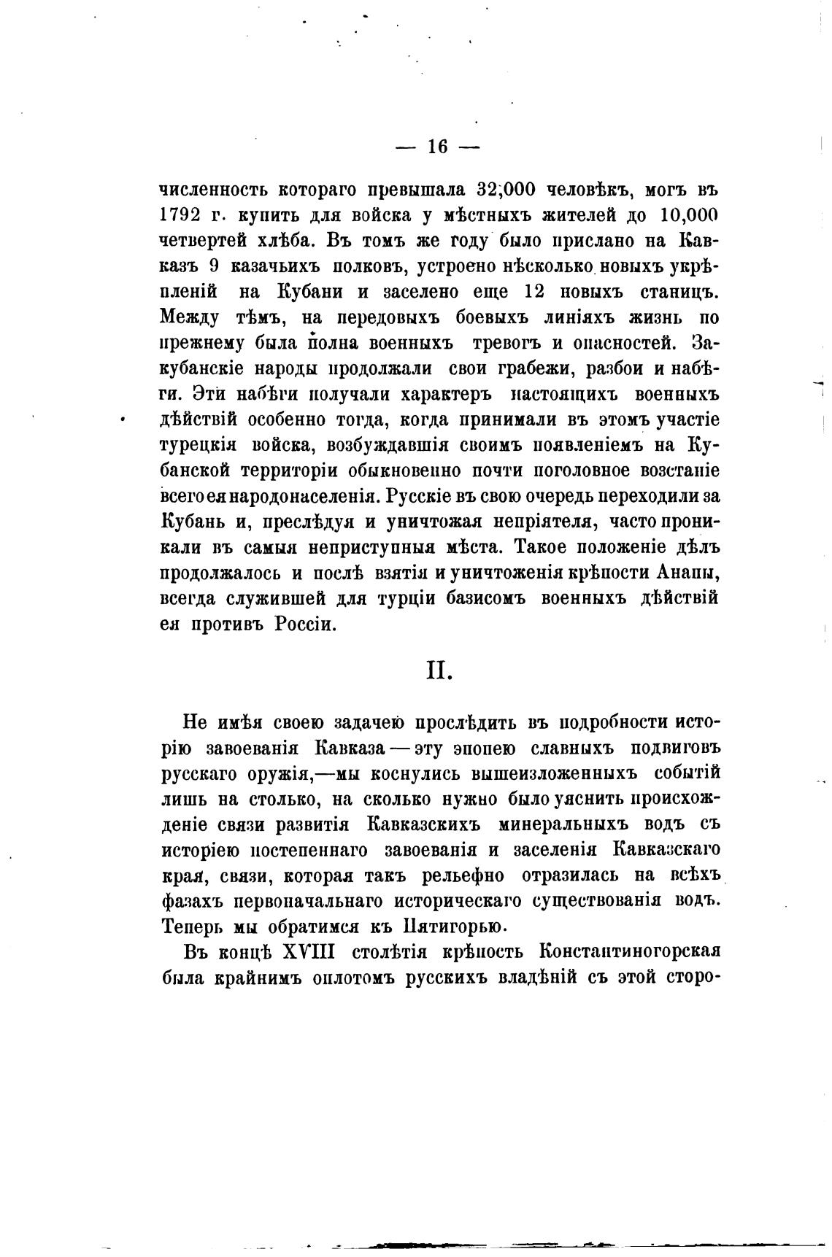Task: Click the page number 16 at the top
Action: point(436,146)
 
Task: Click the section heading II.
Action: point(439,670)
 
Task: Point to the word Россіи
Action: point(305,624)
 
